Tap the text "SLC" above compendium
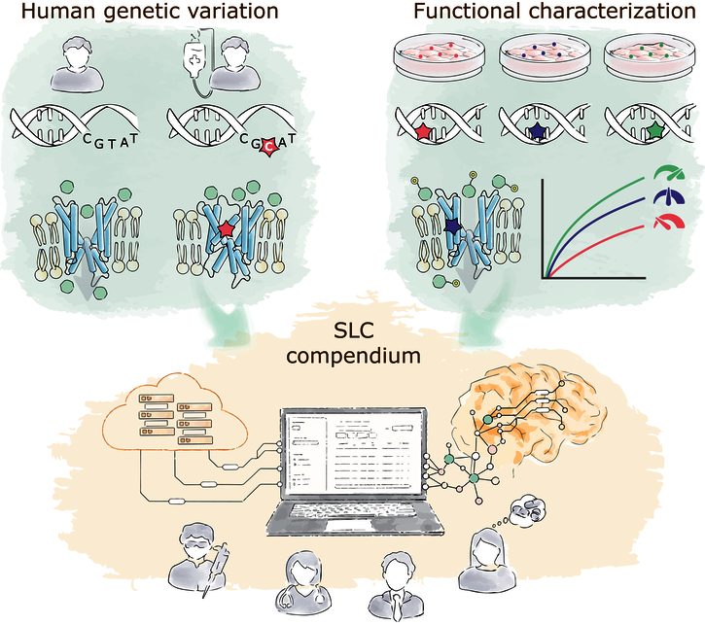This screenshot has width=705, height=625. (354, 332)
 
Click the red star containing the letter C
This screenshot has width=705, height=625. (268, 146)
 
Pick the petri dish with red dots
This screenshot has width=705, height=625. (440, 55)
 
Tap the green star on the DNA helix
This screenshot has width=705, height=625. (657, 130)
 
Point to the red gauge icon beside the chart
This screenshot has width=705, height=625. (669, 222)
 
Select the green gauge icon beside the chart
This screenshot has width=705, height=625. (669, 173)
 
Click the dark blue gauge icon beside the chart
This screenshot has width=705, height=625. (669, 196)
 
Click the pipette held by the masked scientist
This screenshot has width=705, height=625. (215, 569)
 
